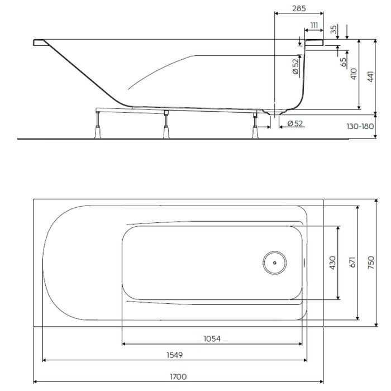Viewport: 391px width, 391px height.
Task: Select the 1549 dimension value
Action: [x=174, y=355]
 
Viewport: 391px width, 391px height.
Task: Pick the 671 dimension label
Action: [x=352, y=263]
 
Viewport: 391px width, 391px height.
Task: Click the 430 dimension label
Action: [x=332, y=263]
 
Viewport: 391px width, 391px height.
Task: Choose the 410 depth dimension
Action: [x=353, y=75]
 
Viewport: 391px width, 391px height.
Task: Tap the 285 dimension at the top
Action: [x=299, y=9]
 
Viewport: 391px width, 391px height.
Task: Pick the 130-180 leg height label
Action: [x=359, y=126]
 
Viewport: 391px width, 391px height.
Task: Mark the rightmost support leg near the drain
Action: [x=255, y=124]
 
